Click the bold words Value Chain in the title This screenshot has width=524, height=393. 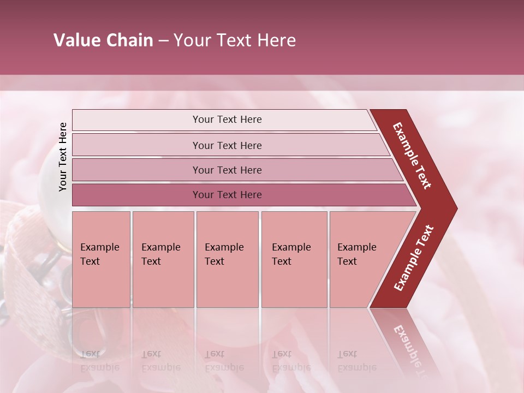tap(103, 40)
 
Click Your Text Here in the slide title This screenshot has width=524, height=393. tap(235, 40)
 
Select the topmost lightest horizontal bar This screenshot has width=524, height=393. tap(227, 120)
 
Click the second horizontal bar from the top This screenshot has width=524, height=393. tap(227, 145)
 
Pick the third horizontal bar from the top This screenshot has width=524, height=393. tap(227, 170)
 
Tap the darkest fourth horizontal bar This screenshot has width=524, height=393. tap(227, 195)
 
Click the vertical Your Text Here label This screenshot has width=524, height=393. tap(63, 157)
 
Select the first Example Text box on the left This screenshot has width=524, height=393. tap(101, 259)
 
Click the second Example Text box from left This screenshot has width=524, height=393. tap(163, 259)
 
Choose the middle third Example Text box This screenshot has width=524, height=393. tap(227, 259)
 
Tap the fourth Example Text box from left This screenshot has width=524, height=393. tap(294, 259)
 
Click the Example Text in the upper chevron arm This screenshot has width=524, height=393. tap(412, 155)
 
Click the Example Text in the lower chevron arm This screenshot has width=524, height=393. tap(413, 258)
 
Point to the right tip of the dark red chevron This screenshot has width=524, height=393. tap(456, 209)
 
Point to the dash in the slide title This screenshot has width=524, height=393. tap(163, 41)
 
